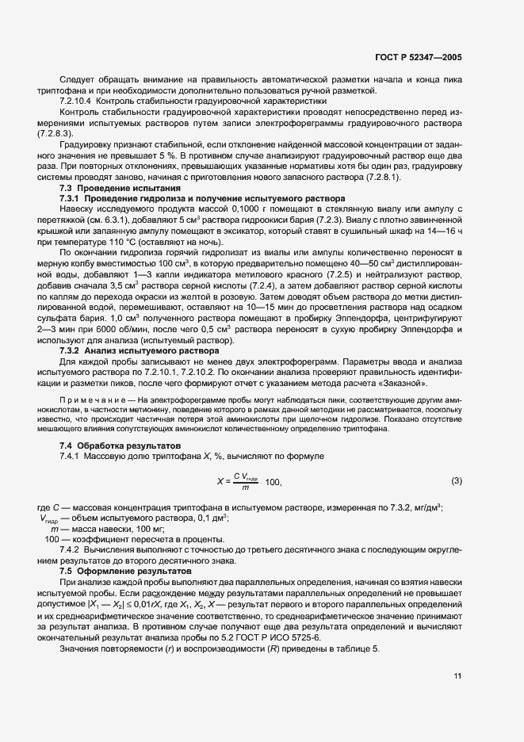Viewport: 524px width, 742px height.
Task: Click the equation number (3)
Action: [457, 480]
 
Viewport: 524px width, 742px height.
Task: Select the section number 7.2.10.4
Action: [78, 102]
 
